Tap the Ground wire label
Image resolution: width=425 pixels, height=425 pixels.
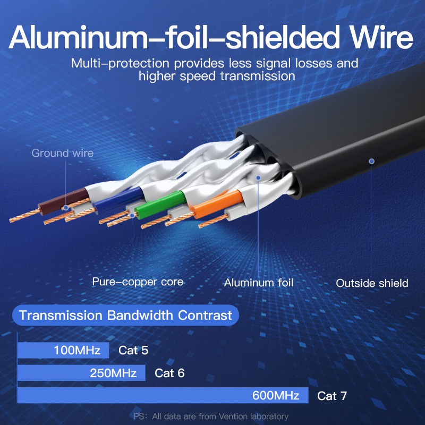(62, 154)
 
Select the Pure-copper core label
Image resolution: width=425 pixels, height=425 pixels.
(138, 282)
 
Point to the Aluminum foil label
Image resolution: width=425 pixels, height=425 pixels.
(258, 283)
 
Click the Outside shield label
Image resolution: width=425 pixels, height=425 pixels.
(372, 283)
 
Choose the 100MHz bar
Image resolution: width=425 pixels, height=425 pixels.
(63, 350)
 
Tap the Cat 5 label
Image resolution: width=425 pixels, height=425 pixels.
(133, 350)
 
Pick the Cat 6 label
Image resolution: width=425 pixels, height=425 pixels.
(169, 373)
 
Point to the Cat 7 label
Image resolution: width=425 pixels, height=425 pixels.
(332, 396)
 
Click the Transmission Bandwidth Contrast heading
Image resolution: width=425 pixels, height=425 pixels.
(125, 316)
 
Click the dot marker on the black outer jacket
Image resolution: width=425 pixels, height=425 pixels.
(371, 161)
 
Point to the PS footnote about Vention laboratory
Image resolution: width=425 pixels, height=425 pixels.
(211, 416)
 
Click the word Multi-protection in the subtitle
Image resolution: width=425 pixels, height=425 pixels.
(108, 64)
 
